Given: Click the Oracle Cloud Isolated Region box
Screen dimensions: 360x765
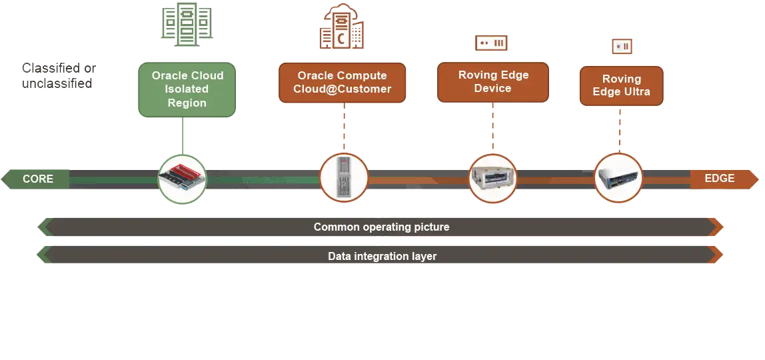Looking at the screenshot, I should click(x=187, y=89).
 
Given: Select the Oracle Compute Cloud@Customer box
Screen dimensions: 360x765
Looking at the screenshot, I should click(x=342, y=83).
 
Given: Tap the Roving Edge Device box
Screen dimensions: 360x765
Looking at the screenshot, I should click(x=492, y=81).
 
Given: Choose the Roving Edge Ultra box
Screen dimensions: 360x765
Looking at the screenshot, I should click(x=621, y=85).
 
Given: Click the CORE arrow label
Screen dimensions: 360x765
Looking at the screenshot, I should click(x=37, y=179).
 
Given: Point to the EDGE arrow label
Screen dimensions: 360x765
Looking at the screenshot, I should click(x=720, y=179).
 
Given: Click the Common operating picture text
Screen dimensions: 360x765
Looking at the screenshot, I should click(x=381, y=227).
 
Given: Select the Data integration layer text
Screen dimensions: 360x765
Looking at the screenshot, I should click(x=382, y=256).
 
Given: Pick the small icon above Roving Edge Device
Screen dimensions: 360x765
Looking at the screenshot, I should click(x=492, y=43).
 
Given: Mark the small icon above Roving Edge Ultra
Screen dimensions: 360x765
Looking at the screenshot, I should click(x=621, y=47).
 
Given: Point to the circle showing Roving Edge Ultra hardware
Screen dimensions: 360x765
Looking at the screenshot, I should click(x=618, y=177).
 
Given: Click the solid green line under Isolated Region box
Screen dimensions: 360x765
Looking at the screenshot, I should click(x=183, y=136).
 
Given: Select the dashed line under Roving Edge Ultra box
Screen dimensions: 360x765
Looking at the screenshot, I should click(x=620, y=128).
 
